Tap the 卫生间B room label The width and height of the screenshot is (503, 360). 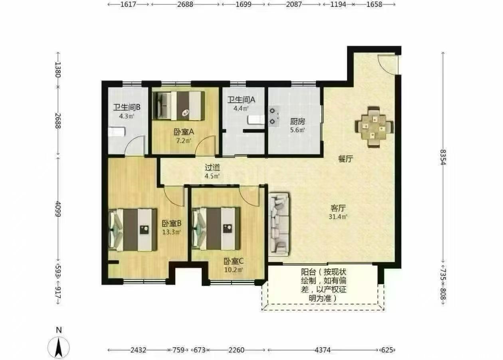click(x=127, y=107)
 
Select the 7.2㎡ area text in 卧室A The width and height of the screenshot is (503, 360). click(x=184, y=141)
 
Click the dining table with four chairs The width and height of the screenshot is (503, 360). click(x=374, y=127)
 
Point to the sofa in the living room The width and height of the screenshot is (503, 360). click(x=279, y=224)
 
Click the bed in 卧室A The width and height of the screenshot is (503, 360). click(x=178, y=106)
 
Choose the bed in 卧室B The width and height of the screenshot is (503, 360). click(x=133, y=230)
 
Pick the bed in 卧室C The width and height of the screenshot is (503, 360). click(x=216, y=229)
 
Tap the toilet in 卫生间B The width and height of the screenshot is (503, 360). click(x=116, y=132)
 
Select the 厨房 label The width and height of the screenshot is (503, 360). click(x=297, y=122)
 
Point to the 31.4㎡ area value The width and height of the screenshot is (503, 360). click(x=338, y=217)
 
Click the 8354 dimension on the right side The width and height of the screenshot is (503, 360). click(x=442, y=157)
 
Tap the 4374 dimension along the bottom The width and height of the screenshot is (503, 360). click(x=323, y=350)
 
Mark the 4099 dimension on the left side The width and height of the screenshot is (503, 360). click(x=58, y=209)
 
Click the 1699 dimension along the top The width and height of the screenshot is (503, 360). click(x=244, y=4)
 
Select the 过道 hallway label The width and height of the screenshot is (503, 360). click(x=212, y=168)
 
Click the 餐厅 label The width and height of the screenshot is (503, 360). click(x=346, y=159)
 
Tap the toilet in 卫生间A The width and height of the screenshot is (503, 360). click(x=256, y=119)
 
